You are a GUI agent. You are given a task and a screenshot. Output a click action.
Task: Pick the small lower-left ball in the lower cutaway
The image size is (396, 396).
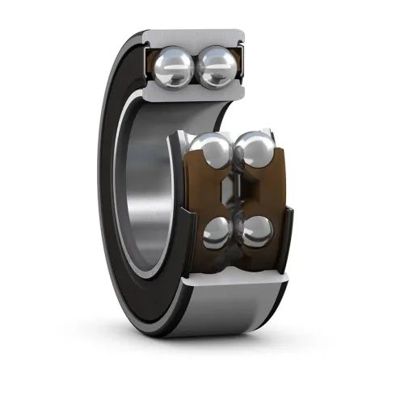[x=216, y=232]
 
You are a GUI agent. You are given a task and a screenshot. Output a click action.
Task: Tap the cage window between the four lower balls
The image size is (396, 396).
[x=234, y=194]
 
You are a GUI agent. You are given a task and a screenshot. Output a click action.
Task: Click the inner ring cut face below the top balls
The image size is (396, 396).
[x=198, y=95]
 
